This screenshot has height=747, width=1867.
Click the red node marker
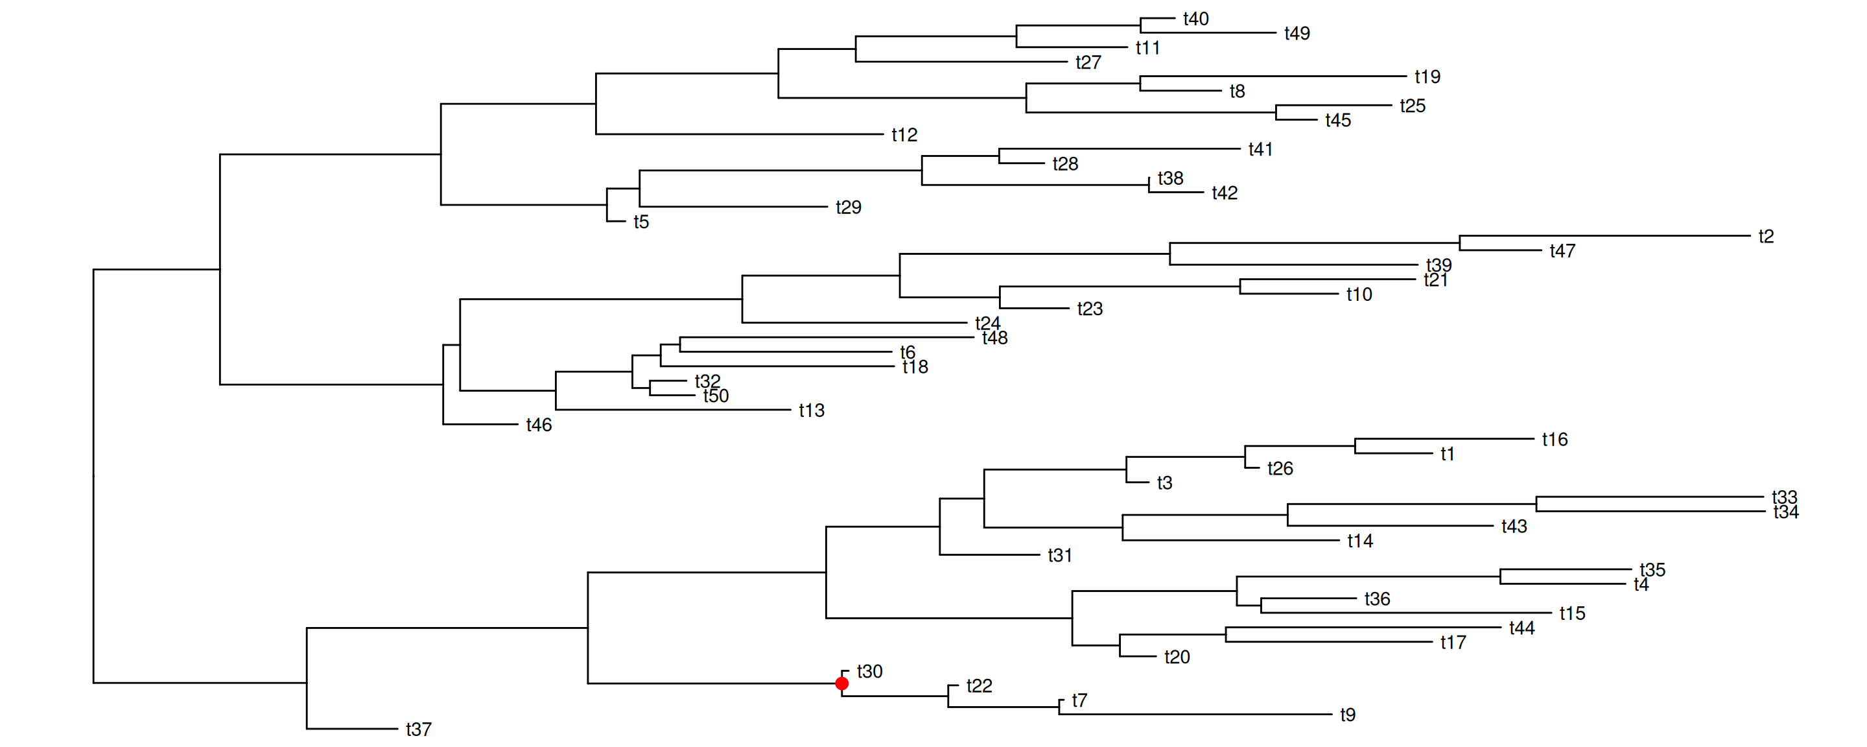point(841,683)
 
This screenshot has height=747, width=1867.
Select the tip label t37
point(418,729)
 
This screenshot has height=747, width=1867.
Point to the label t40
point(1195,19)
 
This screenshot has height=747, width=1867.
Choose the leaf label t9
point(1347,715)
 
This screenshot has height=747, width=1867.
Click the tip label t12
point(904,135)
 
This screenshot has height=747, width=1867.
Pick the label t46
point(539,425)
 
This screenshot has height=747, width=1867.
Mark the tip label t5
point(640,222)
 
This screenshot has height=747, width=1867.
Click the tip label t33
point(1785,497)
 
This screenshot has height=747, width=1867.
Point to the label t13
point(811,410)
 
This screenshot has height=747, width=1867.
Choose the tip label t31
point(1060,556)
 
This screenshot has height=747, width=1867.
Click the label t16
point(1555,440)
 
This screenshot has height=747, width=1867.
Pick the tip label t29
point(848,207)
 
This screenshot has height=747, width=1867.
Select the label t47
point(1562,251)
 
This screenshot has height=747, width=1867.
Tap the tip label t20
point(1177,657)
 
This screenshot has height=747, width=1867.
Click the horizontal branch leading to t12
point(739,134)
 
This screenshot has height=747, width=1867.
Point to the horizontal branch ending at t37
point(352,728)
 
